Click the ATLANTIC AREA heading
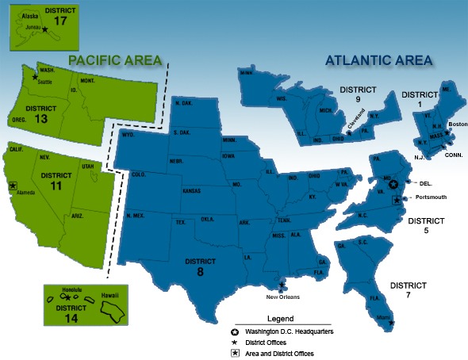pos(378,60)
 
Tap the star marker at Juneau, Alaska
pos(44,29)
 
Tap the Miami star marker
pos(392,323)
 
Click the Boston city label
pos(458,124)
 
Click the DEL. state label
pos(426,182)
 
